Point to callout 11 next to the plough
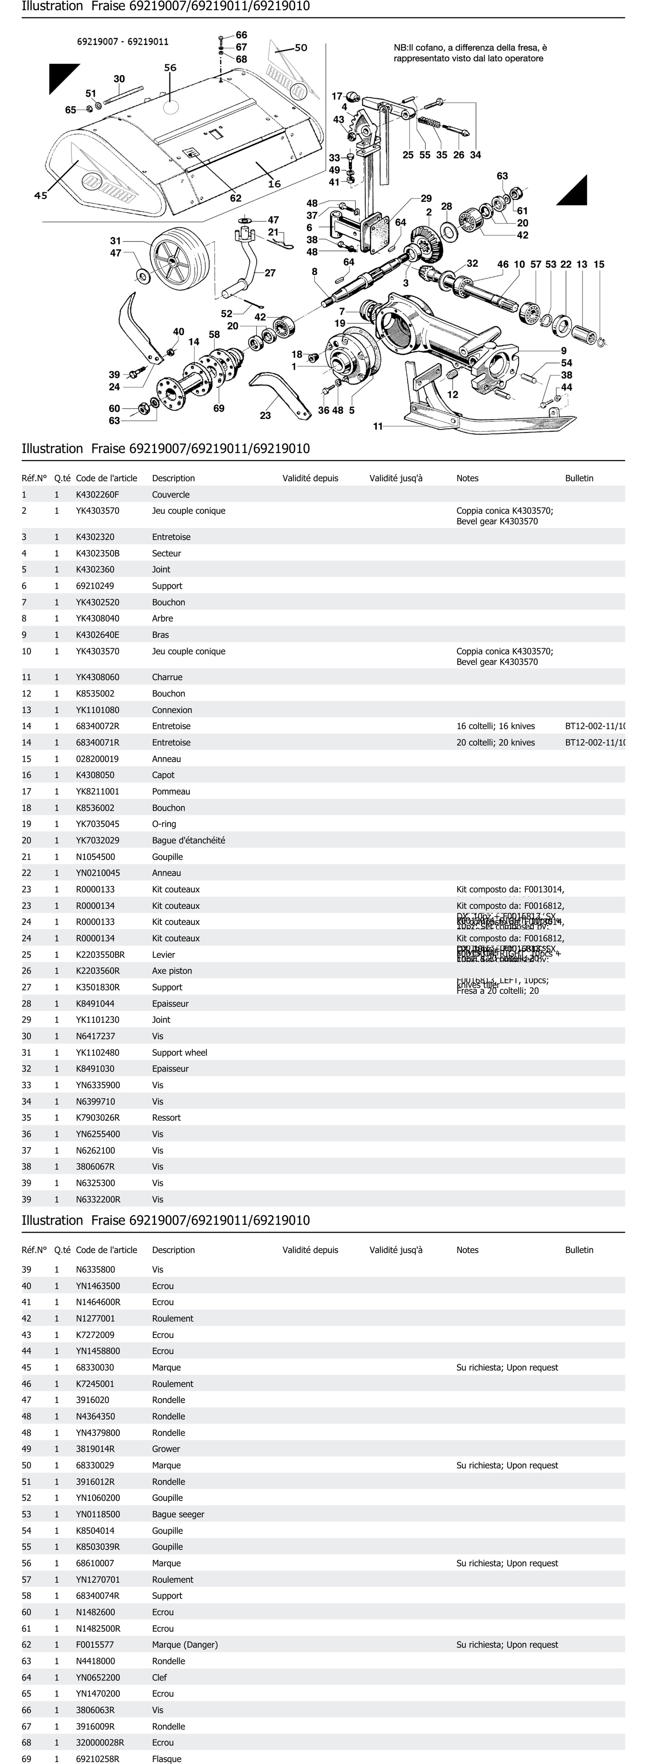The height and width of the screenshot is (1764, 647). point(378,426)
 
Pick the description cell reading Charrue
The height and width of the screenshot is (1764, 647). point(167,677)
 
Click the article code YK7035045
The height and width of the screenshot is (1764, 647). point(97,824)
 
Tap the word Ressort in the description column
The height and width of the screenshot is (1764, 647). point(166,1118)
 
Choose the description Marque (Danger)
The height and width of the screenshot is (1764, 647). point(185,1644)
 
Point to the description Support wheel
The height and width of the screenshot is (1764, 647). point(179,1053)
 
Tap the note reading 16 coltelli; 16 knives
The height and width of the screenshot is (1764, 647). point(496,726)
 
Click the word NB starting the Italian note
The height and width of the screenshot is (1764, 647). point(400,48)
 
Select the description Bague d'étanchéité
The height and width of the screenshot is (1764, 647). point(188,840)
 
